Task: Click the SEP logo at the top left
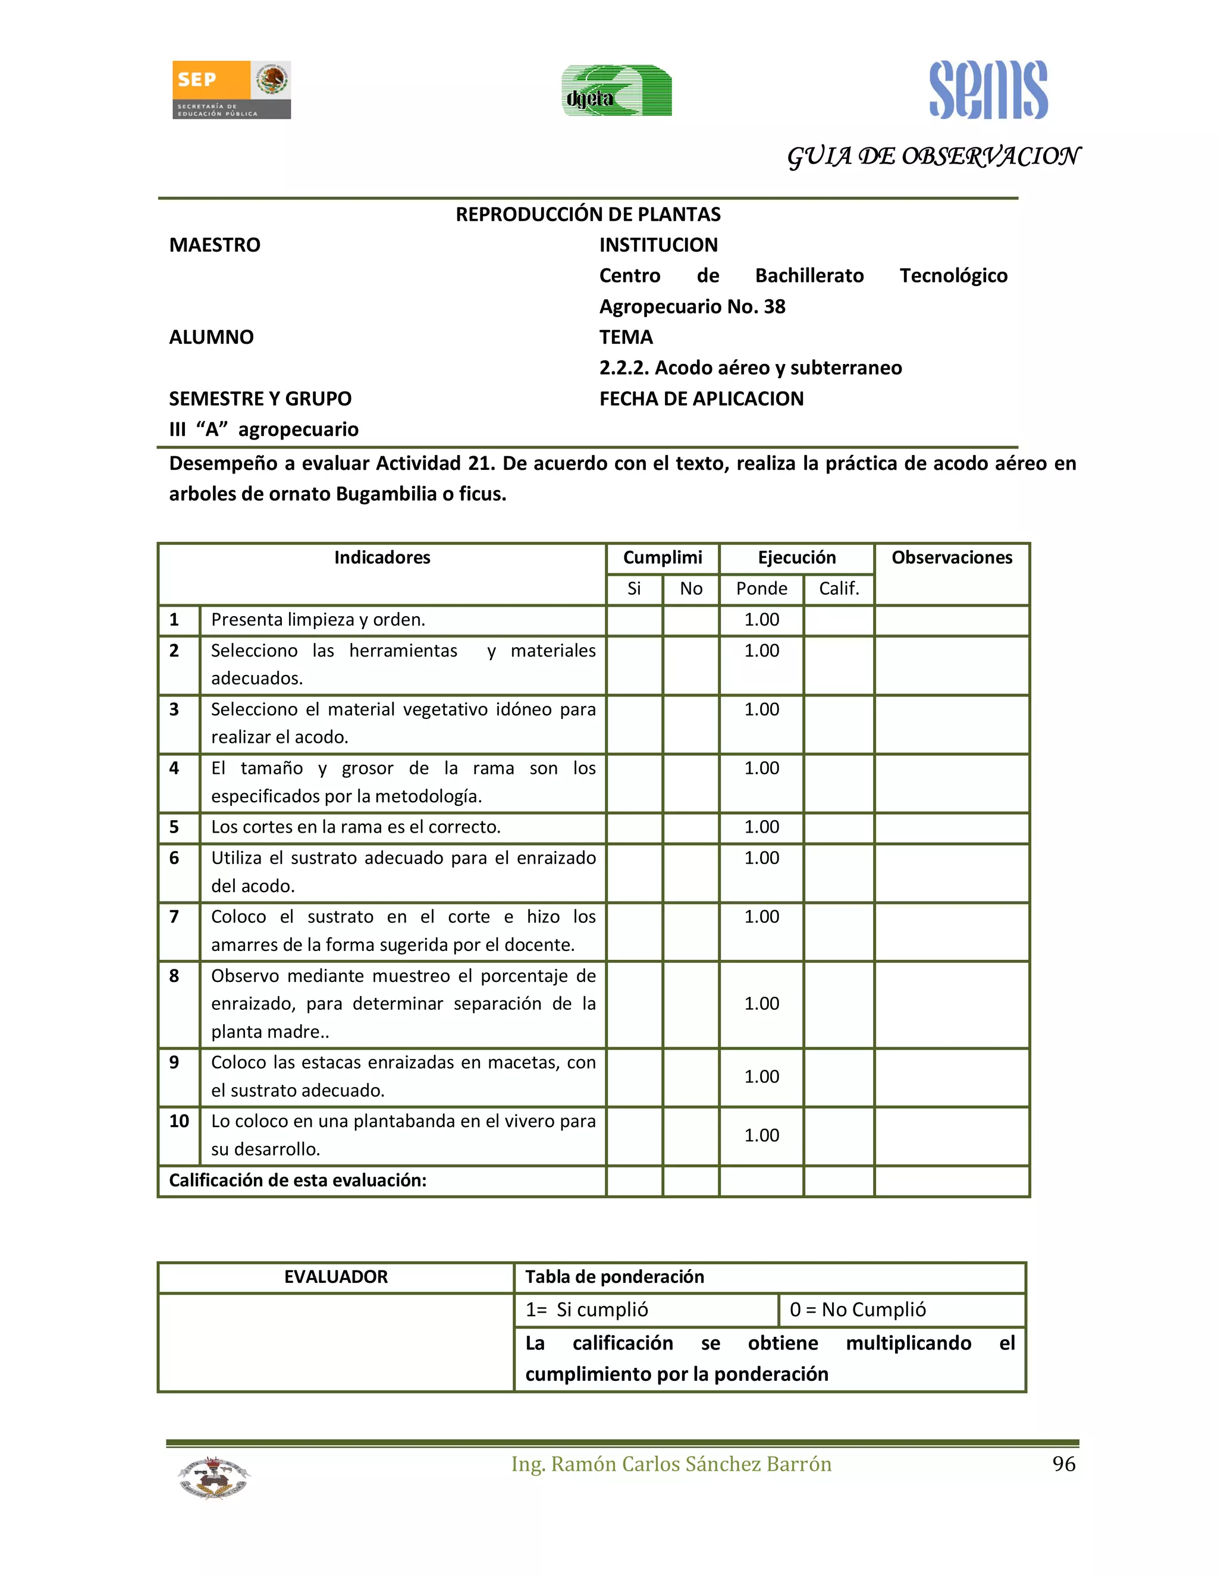point(231,89)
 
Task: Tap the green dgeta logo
point(616,90)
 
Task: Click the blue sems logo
point(988,90)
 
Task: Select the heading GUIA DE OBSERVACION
point(933,156)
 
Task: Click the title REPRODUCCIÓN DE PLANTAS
point(588,214)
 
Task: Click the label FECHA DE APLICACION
point(701,398)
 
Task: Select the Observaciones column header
point(951,558)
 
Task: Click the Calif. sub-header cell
point(839,589)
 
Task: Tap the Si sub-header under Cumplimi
point(633,589)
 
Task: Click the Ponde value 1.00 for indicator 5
point(761,827)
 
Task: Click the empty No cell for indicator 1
point(690,620)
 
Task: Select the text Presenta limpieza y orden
point(318,620)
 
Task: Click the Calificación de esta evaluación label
point(297,1180)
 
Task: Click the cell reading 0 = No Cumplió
point(857,1310)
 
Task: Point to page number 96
point(1063,1464)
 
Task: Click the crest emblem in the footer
point(214,1477)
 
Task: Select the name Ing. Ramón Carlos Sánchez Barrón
point(671,1464)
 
